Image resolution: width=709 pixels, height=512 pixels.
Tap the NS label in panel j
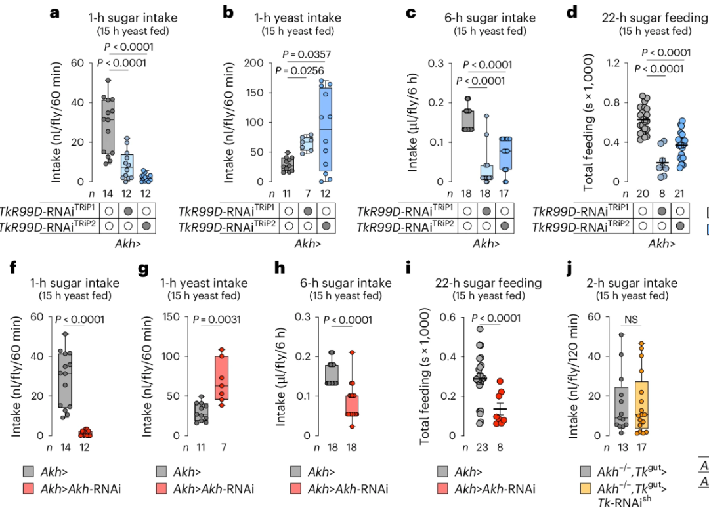631,319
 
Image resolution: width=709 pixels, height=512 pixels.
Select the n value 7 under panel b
305,194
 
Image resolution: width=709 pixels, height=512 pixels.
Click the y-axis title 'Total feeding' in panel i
425,381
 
